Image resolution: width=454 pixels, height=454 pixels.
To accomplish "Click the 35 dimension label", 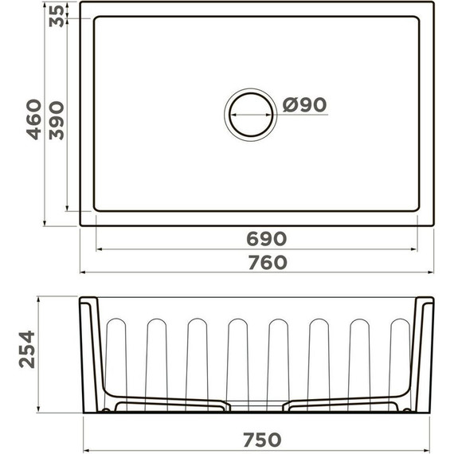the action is (x=57, y=16).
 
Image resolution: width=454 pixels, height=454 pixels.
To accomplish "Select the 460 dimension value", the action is (x=34, y=119).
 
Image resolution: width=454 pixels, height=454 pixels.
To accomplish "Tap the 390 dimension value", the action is (x=57, y=120).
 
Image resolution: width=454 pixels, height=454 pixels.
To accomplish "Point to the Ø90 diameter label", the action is (x=304, y=105).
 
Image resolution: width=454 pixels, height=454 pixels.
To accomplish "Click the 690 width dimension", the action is (x=266, y=239).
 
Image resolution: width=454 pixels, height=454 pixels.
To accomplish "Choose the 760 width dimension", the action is (x=268, y=262).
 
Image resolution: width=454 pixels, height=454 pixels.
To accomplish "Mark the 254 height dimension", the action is (x=27, y=350).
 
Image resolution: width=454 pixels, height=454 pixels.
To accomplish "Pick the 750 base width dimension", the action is (x=262, y=440).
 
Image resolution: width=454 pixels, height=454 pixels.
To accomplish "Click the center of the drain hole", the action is (x=251, y=115).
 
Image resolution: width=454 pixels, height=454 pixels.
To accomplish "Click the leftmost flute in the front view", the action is (x=116, y=365).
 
